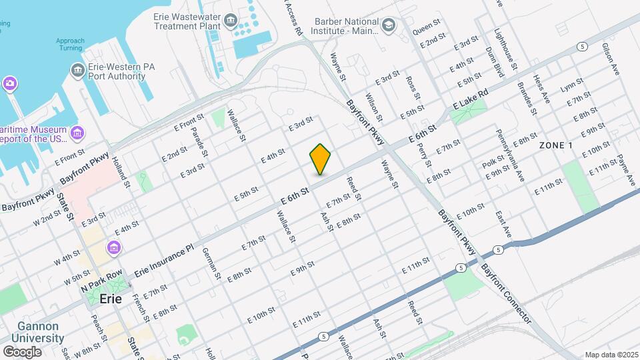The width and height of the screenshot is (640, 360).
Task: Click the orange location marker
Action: pyautogui.click(x=321, y=159)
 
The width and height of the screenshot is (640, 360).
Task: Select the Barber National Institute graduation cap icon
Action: pyautogui.click(x=388, y=25)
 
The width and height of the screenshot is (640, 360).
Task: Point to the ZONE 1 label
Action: pyautogui.click(x=556, y=145)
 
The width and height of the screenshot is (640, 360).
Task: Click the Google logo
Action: pyautogui.click(x=22, y=351)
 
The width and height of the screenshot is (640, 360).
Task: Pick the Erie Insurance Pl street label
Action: pyautogui.click(x=163, y=260)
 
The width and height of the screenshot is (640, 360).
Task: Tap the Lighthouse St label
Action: pyautogui.click(x=505, y=48)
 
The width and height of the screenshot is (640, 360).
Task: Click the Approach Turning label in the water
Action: pyautogui.click(x=70, y=45)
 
